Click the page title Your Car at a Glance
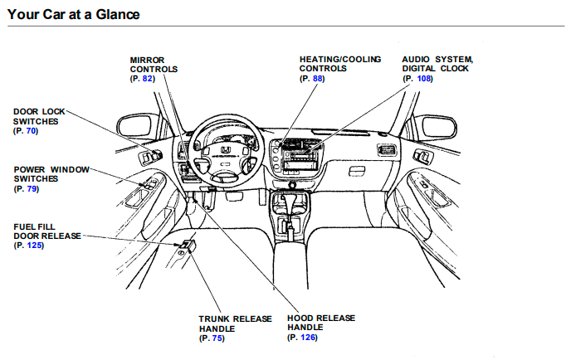[x=74, y=15]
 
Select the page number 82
[x=148, y=78]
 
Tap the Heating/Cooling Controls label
[x=340, y=65]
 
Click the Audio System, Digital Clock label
[x=437, y=65]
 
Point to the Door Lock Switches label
[x=39, y=116]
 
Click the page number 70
[x=31, y=131]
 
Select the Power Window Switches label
[x=51, y=174]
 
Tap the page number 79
[x=31, y=189]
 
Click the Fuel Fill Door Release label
[x=47, y=231]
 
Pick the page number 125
[x=33, y=246]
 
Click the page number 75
[x=217, y=338]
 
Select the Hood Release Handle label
[x=320, y=324]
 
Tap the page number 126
[x=306, y=338]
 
